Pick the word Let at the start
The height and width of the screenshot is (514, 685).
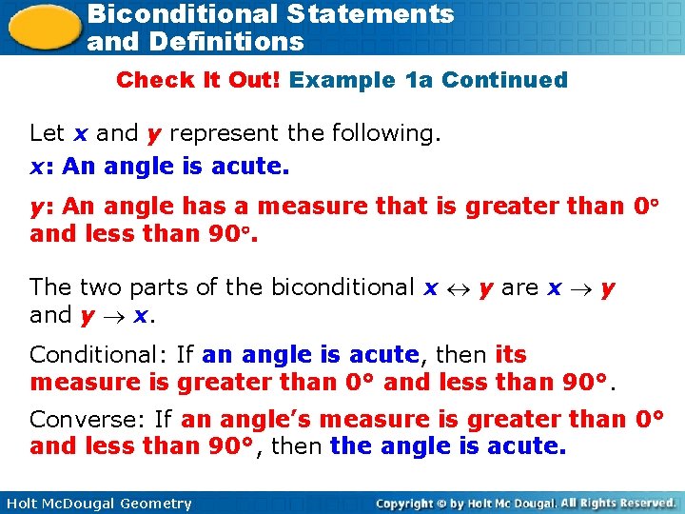pos(47,133)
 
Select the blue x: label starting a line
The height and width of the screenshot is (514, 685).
pos(40,167)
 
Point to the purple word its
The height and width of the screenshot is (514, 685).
pos(511,355)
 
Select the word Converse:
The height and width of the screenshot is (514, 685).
pos(88,419)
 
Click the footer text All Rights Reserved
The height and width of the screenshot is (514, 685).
pos(617,503)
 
